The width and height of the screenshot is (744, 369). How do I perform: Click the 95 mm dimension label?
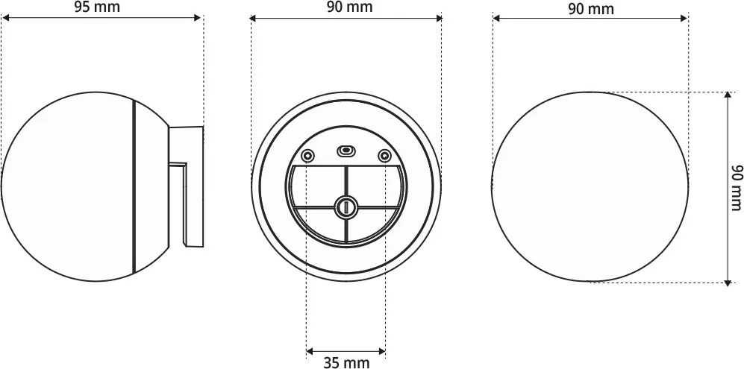(98, 7)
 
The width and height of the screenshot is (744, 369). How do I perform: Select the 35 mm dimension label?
(346, 362)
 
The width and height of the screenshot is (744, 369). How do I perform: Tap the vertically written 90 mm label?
(735, 186)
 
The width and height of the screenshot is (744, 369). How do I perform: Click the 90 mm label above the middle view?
(349, 7)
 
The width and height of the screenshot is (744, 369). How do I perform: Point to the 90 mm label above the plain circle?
(590, 8)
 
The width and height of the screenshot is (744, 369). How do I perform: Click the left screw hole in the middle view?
(307, 156)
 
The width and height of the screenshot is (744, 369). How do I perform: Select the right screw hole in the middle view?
(384, 156)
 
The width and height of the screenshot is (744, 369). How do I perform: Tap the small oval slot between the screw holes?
(346, 151)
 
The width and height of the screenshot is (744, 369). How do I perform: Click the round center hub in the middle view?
(346, 206)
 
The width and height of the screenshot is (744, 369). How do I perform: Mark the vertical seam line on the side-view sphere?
(133, 186)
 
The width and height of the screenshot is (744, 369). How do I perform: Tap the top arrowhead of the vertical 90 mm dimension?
(728, 96)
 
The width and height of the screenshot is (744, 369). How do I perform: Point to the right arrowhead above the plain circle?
(684, 18)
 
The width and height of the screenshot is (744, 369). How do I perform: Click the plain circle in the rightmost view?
(590, 186)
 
